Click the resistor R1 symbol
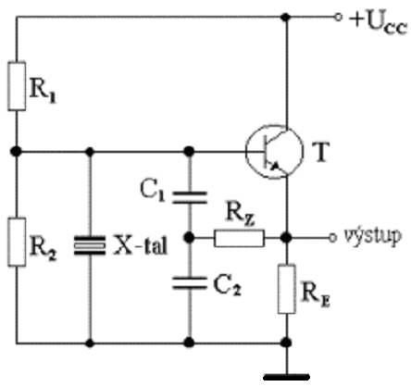17,86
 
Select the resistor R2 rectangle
17,242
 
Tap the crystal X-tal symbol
90,245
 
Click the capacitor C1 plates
189,197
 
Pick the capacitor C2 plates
189,283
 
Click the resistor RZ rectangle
239,238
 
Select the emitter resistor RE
287,289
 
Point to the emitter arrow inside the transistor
275,166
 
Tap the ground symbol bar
287,377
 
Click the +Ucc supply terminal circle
339,17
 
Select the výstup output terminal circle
332,238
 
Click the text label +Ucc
379,24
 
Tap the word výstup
373,237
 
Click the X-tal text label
141,245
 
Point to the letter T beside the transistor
321,152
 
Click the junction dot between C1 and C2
189,238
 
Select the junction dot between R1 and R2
16,152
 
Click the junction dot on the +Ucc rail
286,17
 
